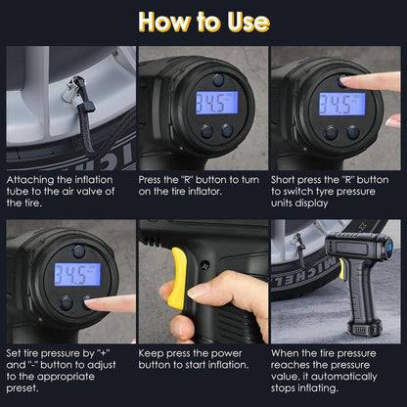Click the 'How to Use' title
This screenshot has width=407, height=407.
203,22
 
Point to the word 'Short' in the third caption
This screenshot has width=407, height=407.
289,180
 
